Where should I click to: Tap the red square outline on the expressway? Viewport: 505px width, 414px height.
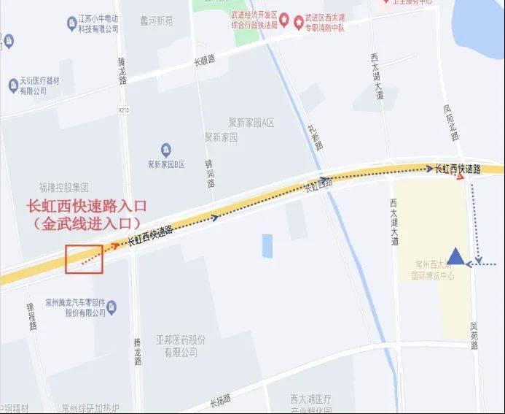84,258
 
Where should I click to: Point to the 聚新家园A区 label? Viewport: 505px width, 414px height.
239,122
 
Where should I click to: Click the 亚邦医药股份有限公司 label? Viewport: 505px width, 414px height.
181,345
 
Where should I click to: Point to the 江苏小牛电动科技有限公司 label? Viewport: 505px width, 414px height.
92,24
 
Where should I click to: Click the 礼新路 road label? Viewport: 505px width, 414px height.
315,136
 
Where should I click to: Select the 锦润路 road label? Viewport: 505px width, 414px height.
209,173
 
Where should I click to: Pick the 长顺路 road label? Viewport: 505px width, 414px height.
204,61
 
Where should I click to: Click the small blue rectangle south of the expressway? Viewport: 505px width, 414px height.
267,246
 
